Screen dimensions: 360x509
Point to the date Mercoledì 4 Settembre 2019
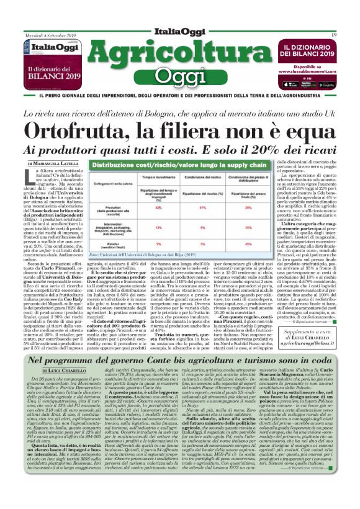(47, 25)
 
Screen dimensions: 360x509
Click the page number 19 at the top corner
(335, 25)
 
